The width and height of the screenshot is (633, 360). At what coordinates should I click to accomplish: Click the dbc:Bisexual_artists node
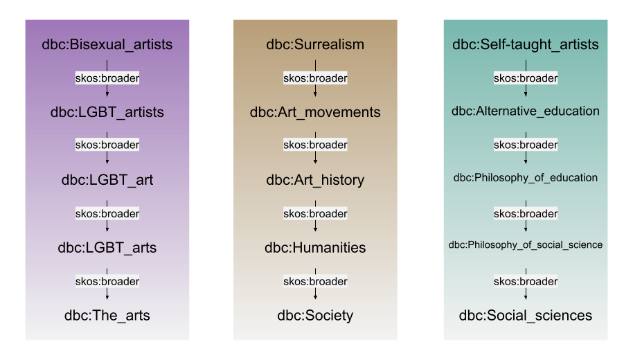pos(107,45)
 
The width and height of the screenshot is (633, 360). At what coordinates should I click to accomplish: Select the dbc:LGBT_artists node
pos(107,111)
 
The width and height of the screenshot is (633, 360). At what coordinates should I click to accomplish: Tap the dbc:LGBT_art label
pos(107,180)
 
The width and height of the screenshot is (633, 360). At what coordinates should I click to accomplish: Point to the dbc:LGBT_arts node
pos(107,247)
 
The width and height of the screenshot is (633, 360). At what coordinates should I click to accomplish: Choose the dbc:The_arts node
pos(107,316)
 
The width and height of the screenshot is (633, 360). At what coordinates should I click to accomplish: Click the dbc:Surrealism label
pos(315,45)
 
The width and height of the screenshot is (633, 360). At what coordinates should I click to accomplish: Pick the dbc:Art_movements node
pos(315,111)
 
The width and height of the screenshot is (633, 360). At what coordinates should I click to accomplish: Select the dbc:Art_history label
pos(315,180)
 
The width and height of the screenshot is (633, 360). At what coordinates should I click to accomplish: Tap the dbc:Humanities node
pos(315,247)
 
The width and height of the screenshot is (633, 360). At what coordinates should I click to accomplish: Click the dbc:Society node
pos(315,316)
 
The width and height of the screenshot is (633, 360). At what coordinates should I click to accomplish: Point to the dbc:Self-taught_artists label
pos(526,45)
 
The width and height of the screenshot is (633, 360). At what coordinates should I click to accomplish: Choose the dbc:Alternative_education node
pos(526,111)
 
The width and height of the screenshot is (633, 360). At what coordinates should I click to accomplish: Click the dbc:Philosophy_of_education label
pos(526,178)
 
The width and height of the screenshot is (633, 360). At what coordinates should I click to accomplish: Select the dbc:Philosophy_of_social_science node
pos(526,244)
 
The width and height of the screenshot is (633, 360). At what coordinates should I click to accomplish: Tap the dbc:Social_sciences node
pos(526,316)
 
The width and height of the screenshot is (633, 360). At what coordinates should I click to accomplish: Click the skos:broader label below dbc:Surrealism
pos(315,78)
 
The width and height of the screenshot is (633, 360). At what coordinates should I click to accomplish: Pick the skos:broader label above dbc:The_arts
pos(107,281)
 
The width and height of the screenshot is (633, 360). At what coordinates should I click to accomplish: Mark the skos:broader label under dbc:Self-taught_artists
pos(526,78)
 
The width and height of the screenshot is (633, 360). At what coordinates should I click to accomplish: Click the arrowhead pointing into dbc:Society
pos(315,296)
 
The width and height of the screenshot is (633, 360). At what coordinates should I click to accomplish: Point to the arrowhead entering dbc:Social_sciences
pos(526,296)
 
